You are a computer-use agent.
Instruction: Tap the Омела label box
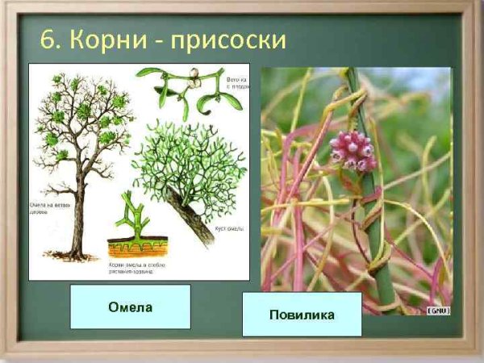point(130,307)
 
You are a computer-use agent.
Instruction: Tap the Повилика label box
point(302,315)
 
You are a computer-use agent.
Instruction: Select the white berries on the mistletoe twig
point(193,77)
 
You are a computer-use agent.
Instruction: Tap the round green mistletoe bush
point(190,165)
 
